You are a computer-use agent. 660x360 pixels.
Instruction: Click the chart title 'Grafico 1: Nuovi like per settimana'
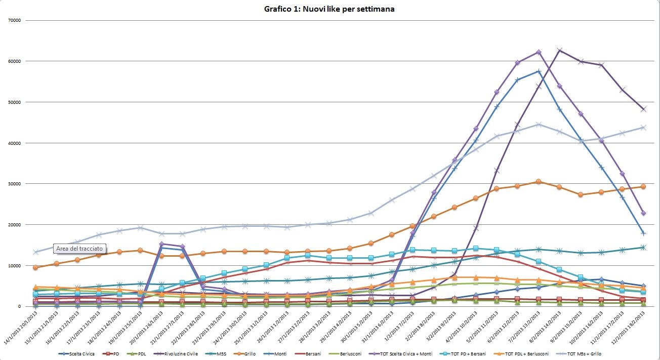coord(329,9)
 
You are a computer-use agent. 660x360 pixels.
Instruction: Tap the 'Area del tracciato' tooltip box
coord(79,249)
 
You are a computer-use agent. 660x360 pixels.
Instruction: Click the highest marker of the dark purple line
coord(559,50)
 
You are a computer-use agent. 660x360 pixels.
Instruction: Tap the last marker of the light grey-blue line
coord(643,128)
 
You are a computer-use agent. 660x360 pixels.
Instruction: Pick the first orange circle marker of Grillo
coord(35,267)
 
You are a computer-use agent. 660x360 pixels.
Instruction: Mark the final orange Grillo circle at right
coord(643,186)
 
